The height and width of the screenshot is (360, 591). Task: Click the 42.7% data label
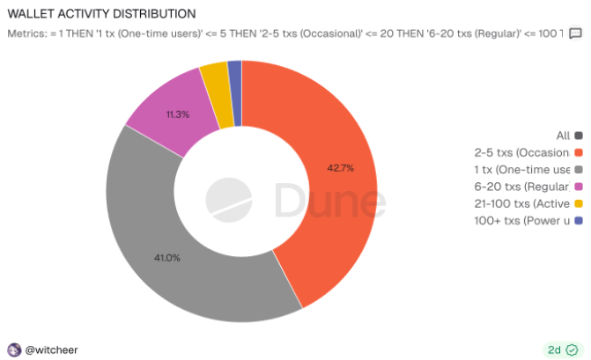coord(340,167)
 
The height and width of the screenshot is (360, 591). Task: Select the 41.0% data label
coord(166,258)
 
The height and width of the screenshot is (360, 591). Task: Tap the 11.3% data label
coord(177,114)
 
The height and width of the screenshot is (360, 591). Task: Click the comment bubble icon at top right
coord(575,33)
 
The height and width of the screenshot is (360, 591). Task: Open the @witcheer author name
coord(51,349)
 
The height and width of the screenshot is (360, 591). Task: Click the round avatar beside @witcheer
coord(14,349)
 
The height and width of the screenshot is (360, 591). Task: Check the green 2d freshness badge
coord(561,349)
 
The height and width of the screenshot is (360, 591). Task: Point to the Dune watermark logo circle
coord(228,201)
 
